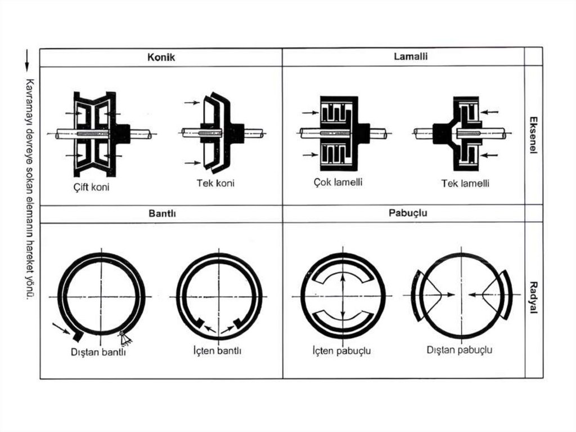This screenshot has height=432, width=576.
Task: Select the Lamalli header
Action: (x=403, y=56)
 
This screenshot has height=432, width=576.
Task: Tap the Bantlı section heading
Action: (x=161, y=214)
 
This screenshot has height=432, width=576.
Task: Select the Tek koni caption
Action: (x=215, y=183)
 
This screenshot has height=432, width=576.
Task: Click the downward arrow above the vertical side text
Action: (x=26, y=61)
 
